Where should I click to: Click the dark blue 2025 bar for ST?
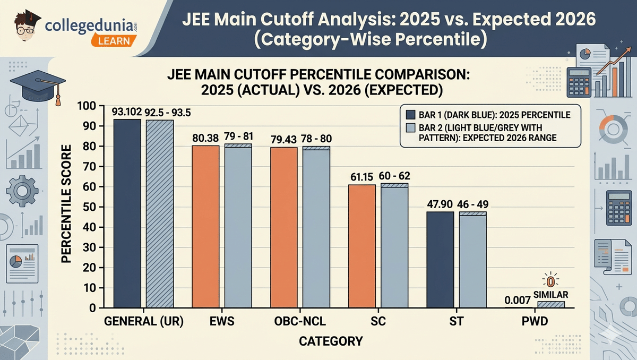(440, 260)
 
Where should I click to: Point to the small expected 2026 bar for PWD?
(551, 305)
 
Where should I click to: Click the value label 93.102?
(126, 112)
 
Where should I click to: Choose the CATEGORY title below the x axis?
(331, 341)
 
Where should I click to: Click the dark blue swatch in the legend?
(410, 115)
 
